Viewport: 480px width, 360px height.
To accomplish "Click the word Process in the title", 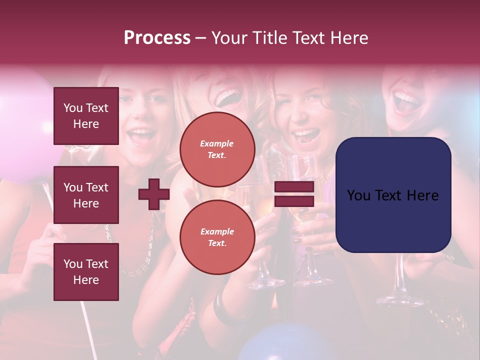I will [x=157, y=38].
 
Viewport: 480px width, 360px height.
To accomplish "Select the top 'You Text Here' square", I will [x=86, y=116].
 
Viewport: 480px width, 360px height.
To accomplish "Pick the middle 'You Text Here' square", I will [x=86, y=195].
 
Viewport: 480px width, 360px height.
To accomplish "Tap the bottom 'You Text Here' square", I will [x=86, y=271].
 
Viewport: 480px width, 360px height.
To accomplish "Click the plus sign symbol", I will [x=154, y=194].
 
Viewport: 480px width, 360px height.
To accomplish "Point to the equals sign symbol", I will [x=294, y=194].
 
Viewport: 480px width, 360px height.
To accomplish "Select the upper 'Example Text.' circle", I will [x=217, y=149].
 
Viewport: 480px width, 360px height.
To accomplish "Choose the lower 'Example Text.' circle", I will [x=217, y=237].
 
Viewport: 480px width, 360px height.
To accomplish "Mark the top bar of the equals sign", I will [x=294, y=187].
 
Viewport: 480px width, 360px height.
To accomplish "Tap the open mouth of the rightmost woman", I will [x=406, y=102].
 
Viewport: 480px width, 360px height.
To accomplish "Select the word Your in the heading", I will [x=229, y=38].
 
